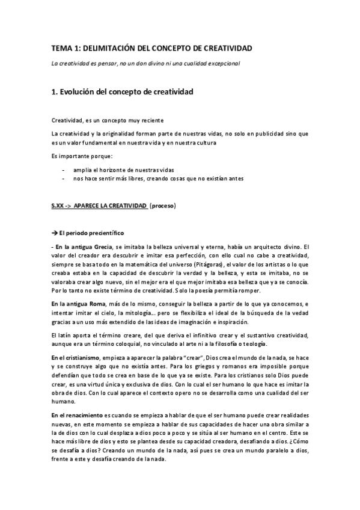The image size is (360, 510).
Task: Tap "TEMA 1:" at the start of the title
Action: pos(66,48)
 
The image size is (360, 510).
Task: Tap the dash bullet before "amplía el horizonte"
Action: pos(64,170)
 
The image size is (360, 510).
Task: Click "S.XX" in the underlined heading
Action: pos(59,206)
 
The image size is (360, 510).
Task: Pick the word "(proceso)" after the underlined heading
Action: pos(163,206)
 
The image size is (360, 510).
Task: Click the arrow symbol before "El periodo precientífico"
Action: pos(55,233)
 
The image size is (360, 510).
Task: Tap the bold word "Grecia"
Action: pos(99,247)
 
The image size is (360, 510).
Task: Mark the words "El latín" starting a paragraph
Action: pos(61,335)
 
